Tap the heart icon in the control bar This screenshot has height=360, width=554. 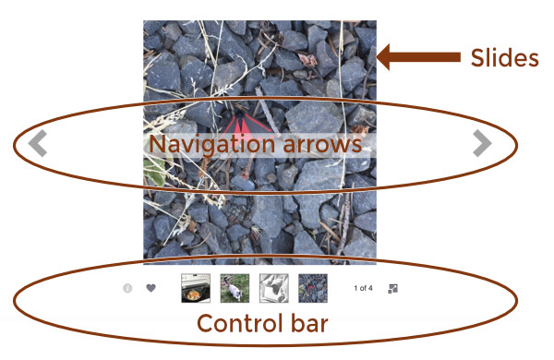[x=151, y=288]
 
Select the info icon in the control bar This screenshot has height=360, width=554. [x=127, y=288]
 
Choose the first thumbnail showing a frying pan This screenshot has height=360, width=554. [x=195, y=288]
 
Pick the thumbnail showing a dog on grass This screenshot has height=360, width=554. [x=235, y=288]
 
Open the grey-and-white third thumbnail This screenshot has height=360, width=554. [x=274, y=288]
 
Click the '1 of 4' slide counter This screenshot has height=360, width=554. [x=363, y=288]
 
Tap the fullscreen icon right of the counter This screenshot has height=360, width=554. [x=393, y=288]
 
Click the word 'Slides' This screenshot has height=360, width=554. [x=504, y=58]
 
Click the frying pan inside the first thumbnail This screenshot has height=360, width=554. [x=194, y=291]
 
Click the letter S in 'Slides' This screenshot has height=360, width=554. [x=477, y=58]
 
